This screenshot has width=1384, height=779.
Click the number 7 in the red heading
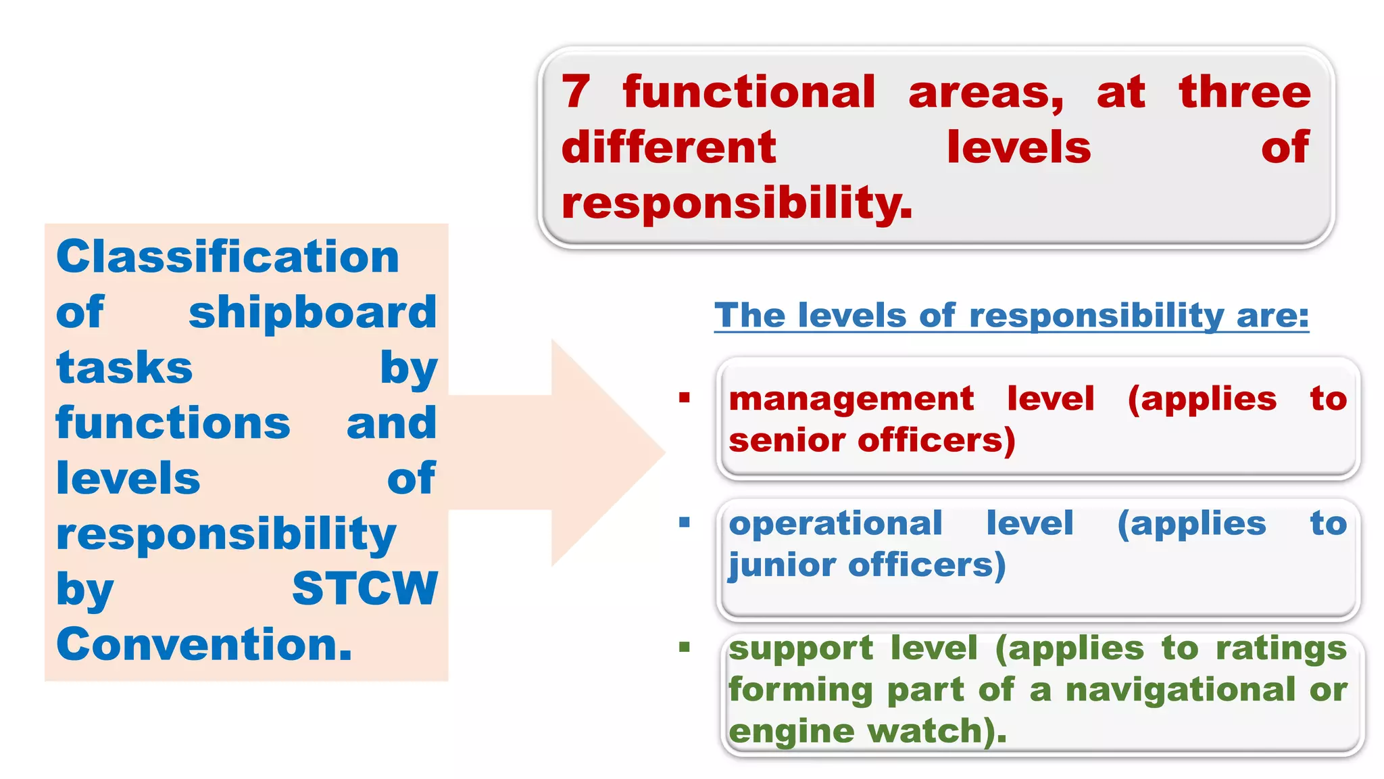[x=576, y=93]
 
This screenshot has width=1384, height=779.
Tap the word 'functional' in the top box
[x=749, y=93]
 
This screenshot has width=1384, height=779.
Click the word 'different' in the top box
[x=668, y=148]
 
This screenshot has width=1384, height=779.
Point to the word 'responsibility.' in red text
[x=737, y=204]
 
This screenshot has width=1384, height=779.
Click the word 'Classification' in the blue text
[x=228, y=258]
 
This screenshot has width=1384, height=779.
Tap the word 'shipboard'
[x=313, y=313]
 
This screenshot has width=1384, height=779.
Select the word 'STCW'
[x=365, y=589]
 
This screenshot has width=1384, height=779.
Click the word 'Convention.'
[x=204, y=644]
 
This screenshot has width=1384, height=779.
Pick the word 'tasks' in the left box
[x=124, y=369]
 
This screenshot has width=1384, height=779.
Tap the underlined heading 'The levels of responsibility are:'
[x=1011, y=316]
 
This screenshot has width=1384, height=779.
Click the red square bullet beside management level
[x=685, y=398]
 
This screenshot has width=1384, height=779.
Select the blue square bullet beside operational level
[x=685, y=522]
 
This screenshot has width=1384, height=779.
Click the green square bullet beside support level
[x=685, y=648]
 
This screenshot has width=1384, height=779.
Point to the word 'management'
[x=851, y=399]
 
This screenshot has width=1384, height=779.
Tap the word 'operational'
[x=835, y=523]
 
